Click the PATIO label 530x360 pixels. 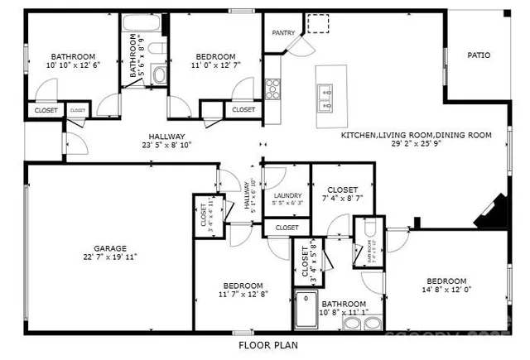pyautogui.click(x=479, y=55)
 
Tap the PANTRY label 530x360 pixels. pyautogui.click(x=285, y=33)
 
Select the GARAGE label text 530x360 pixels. pyautogui.click(x=109, y=247)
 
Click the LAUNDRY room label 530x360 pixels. pyautogui.click(x=287, y=195)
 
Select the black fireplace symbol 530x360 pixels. pyautogui.click(x=487, y=212)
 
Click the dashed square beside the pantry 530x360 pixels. pyautogui.click(x=317, y=23)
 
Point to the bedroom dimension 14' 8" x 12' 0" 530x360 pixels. pyautogui.click(x=446, y=290)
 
